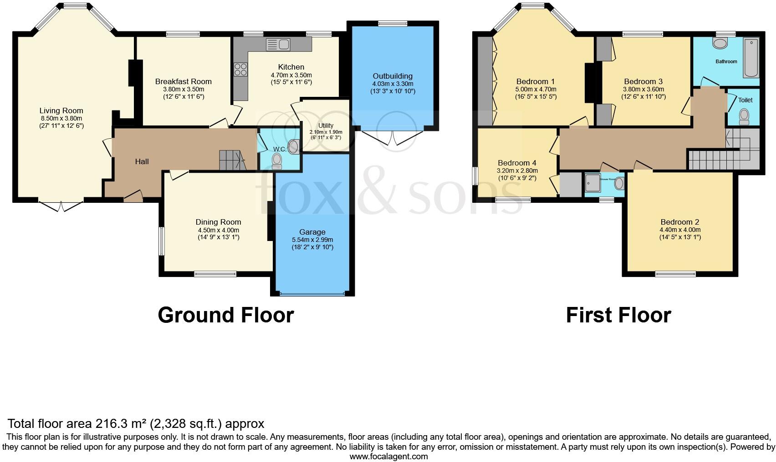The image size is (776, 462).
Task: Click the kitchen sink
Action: tap(278, 44)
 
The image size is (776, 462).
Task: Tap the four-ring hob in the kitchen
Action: tap(240, 70)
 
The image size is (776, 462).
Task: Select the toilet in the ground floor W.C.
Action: tap(276, 161)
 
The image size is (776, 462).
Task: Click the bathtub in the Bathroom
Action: tap(751, 58)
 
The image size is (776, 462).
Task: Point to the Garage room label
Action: tap(312, 232)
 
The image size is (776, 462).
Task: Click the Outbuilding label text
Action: tap(393, 76)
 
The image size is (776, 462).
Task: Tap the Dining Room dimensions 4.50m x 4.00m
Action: tap(219, 230)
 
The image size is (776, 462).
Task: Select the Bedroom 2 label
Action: tap(679, 222)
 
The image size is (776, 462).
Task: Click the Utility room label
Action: tap(326, 126)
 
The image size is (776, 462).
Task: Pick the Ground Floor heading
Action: tap(225, 315)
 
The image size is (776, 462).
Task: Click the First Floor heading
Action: tap(618, 315)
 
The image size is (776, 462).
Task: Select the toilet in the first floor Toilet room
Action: tap(745, 116)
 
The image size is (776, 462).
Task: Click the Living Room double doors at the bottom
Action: tap(61, 206)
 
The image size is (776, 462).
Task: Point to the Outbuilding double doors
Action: tap(393, 138)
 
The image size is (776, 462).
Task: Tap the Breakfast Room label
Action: tap(183, 81)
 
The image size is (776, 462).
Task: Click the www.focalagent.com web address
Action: tap(388, 457)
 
